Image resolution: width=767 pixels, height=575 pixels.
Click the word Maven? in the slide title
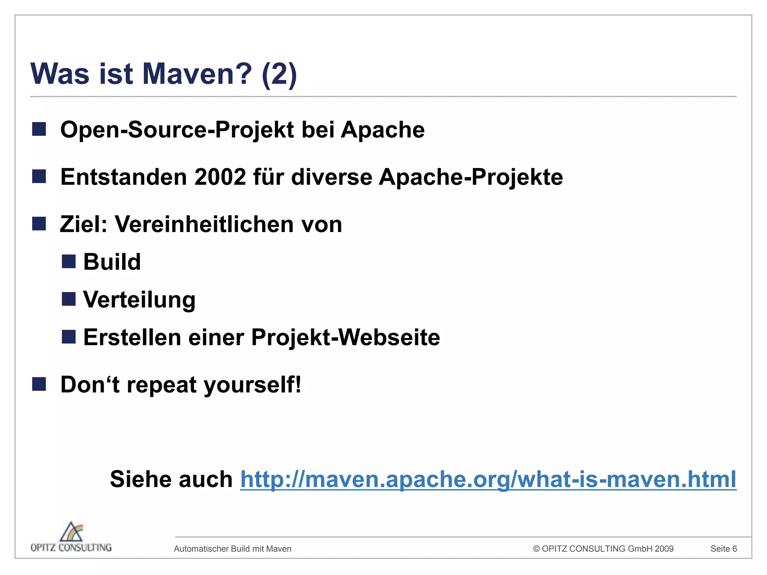point(197,74)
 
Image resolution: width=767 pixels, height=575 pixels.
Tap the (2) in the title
point(279,74)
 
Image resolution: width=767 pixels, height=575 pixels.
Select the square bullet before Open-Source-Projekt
point(39,129)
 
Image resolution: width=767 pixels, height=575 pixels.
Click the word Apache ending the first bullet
point(383,130)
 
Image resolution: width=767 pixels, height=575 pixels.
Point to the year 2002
point(220,177)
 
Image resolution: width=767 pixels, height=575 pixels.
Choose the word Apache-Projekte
point(471,177)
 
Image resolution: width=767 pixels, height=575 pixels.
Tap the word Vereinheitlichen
point(204,224)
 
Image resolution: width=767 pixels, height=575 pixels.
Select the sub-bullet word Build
point(112,262)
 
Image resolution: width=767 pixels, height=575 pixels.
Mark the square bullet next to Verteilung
point(69,299)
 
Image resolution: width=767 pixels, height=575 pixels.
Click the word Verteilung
point(139,300)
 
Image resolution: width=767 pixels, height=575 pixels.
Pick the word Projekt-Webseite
point(346,337)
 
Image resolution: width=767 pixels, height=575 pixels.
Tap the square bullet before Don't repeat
point(39,384)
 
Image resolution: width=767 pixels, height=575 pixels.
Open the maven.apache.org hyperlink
point(488,479)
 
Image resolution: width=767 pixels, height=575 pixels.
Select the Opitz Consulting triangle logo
point(72,532)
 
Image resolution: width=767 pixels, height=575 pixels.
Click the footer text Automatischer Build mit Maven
point(233,549)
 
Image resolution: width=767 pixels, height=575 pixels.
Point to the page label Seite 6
point(724,549)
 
